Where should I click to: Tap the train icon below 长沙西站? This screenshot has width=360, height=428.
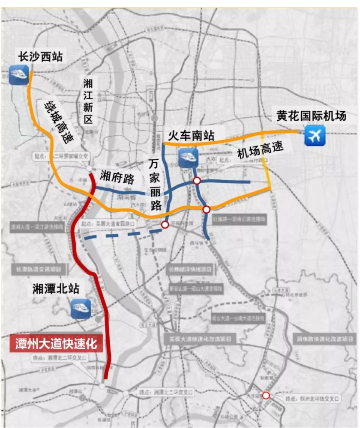coord(19,74)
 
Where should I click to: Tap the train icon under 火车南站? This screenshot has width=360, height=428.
coord(188,157)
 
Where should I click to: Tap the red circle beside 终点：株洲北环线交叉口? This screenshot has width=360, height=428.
coord(266,395)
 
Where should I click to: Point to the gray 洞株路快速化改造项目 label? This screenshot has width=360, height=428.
coord(321,338)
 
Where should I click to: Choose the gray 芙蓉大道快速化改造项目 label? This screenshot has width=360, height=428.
coord(200,339)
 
